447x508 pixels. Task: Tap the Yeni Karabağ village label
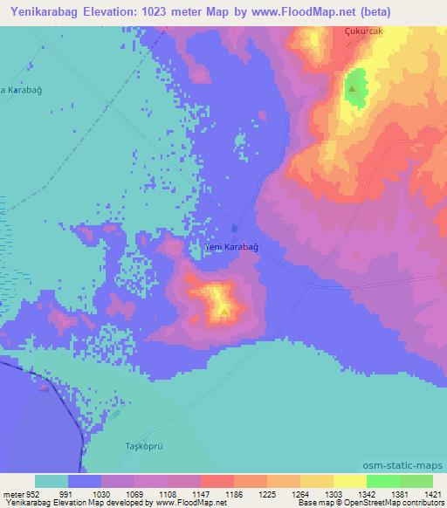pos(230,247)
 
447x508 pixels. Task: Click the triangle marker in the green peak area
pos(352,89)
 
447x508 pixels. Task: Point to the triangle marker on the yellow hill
pos(224,309)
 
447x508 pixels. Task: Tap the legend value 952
pos(31,493)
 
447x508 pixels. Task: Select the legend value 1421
pos(431,493)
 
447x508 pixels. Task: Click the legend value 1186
pos(234,493)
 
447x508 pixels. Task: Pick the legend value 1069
pos(134,493)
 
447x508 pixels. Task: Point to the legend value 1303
pos(333,493)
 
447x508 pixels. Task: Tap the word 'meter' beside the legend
pos(13,493)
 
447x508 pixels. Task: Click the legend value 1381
pos(398,493)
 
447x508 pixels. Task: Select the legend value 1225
pos(267,493)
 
